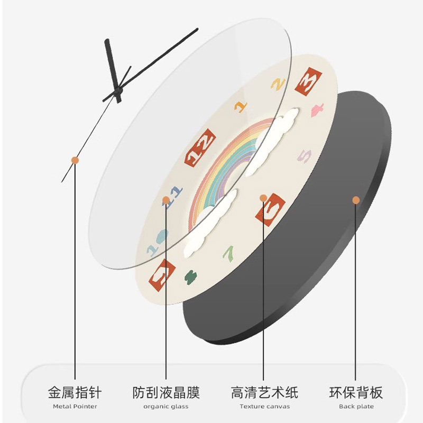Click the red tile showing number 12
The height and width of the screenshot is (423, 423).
pos(200,148)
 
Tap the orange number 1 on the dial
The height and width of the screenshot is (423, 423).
pos(241,105)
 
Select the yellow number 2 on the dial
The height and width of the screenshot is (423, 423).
pos(279,83)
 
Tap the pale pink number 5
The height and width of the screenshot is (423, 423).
pos(305,157)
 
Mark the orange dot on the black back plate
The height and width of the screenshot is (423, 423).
pos(356,200)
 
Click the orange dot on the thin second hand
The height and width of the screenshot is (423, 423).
pos(75,159)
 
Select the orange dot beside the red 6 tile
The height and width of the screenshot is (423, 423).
pos(263,198)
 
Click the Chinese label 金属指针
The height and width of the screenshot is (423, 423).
pos(75,393)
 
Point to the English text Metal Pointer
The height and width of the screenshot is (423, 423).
pos(75,407)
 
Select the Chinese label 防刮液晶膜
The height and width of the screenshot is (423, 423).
pos(166,393)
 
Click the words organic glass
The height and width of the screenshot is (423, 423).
pos(166,407)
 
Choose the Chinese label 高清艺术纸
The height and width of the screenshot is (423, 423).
pos(264,393)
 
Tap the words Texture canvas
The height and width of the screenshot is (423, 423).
pos(264,407)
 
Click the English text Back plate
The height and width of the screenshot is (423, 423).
pos(356,407)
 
